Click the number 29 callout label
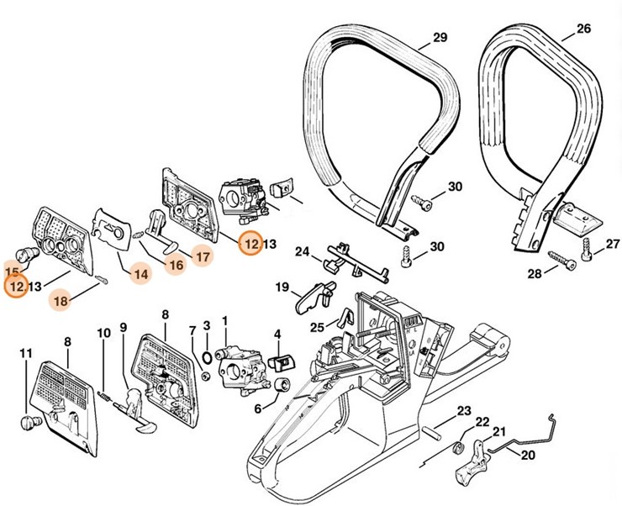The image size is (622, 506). coord(440,37)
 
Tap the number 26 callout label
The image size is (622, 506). coord(583,29)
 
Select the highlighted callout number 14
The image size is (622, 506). coord(140,273)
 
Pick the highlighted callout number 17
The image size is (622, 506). coord(202,257)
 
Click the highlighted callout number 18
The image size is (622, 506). coord(60,299)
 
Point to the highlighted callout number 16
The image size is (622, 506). coord(174,266)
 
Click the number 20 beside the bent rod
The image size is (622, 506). coord(528,456)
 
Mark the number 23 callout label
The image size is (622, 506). coord(464,411)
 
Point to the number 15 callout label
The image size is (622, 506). coord(12,272)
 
